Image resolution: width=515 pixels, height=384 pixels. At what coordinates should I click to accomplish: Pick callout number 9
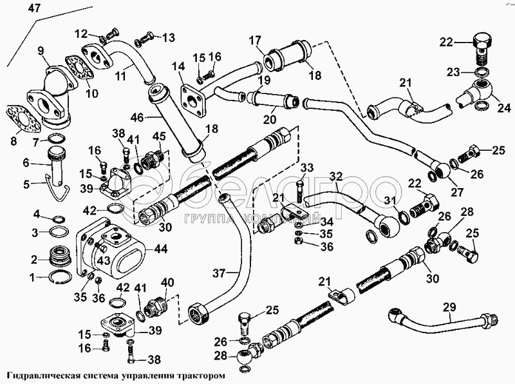tap(39, 49)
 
